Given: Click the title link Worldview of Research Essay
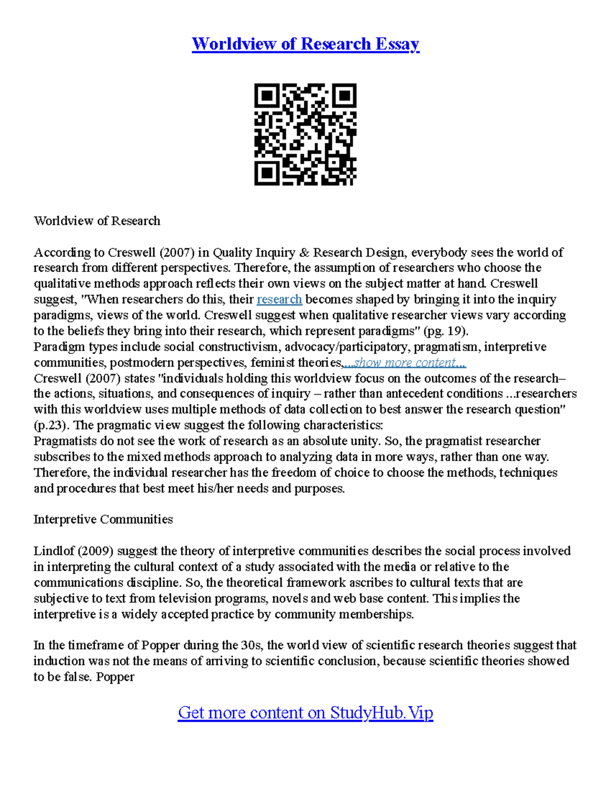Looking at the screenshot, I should click(x=305, y=44).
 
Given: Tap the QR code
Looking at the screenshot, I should click(x=305, y=134).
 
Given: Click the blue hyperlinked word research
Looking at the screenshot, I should click(x=280, y=299).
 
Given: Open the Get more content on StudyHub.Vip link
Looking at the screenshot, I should click(x=305, y=712).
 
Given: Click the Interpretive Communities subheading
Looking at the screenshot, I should click(x=103, y=520).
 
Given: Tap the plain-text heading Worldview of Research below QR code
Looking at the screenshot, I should click(x=97, y=221).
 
